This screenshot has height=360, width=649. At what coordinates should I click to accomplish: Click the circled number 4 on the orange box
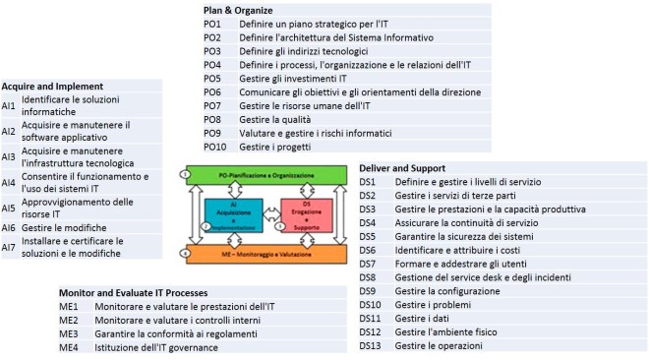tap(184, 254)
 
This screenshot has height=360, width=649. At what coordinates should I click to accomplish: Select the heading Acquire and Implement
tap(53, 86)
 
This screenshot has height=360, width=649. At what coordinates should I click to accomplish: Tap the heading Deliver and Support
tap(402, 168)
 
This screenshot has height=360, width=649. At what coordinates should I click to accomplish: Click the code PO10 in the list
tap(214, 147)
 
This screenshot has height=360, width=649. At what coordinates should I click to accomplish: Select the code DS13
tap(369, 345)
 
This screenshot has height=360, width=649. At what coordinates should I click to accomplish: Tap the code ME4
tap(68, 347)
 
